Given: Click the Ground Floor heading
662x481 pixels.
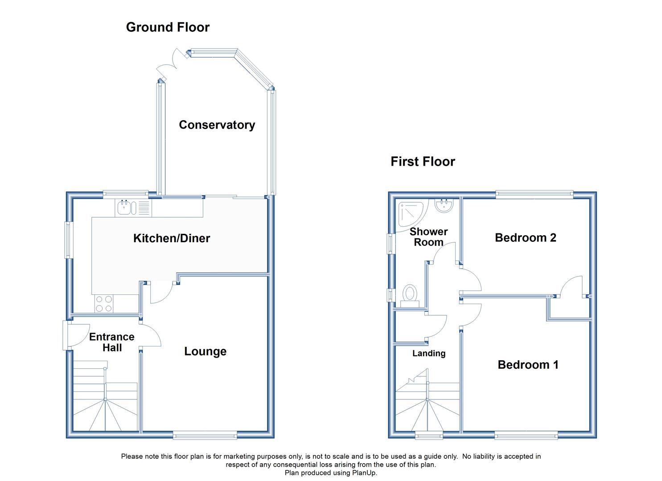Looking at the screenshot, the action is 168,28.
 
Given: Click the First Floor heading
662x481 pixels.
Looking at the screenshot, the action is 423,162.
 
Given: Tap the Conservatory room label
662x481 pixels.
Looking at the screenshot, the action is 217,125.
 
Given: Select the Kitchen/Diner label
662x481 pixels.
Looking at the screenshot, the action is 172,238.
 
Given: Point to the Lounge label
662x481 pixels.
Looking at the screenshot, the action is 206,351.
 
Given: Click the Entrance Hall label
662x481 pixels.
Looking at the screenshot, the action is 112,342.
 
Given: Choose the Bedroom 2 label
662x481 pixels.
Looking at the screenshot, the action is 526,238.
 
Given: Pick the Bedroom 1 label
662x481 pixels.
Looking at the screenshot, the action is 528,365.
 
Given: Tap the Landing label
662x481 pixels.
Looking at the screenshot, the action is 429,354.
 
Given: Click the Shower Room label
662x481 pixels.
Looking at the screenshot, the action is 428,237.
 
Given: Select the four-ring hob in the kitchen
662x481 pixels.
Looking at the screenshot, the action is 104,304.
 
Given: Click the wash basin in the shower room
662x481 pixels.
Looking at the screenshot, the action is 444,206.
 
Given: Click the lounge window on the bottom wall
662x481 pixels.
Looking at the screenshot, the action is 205,435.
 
